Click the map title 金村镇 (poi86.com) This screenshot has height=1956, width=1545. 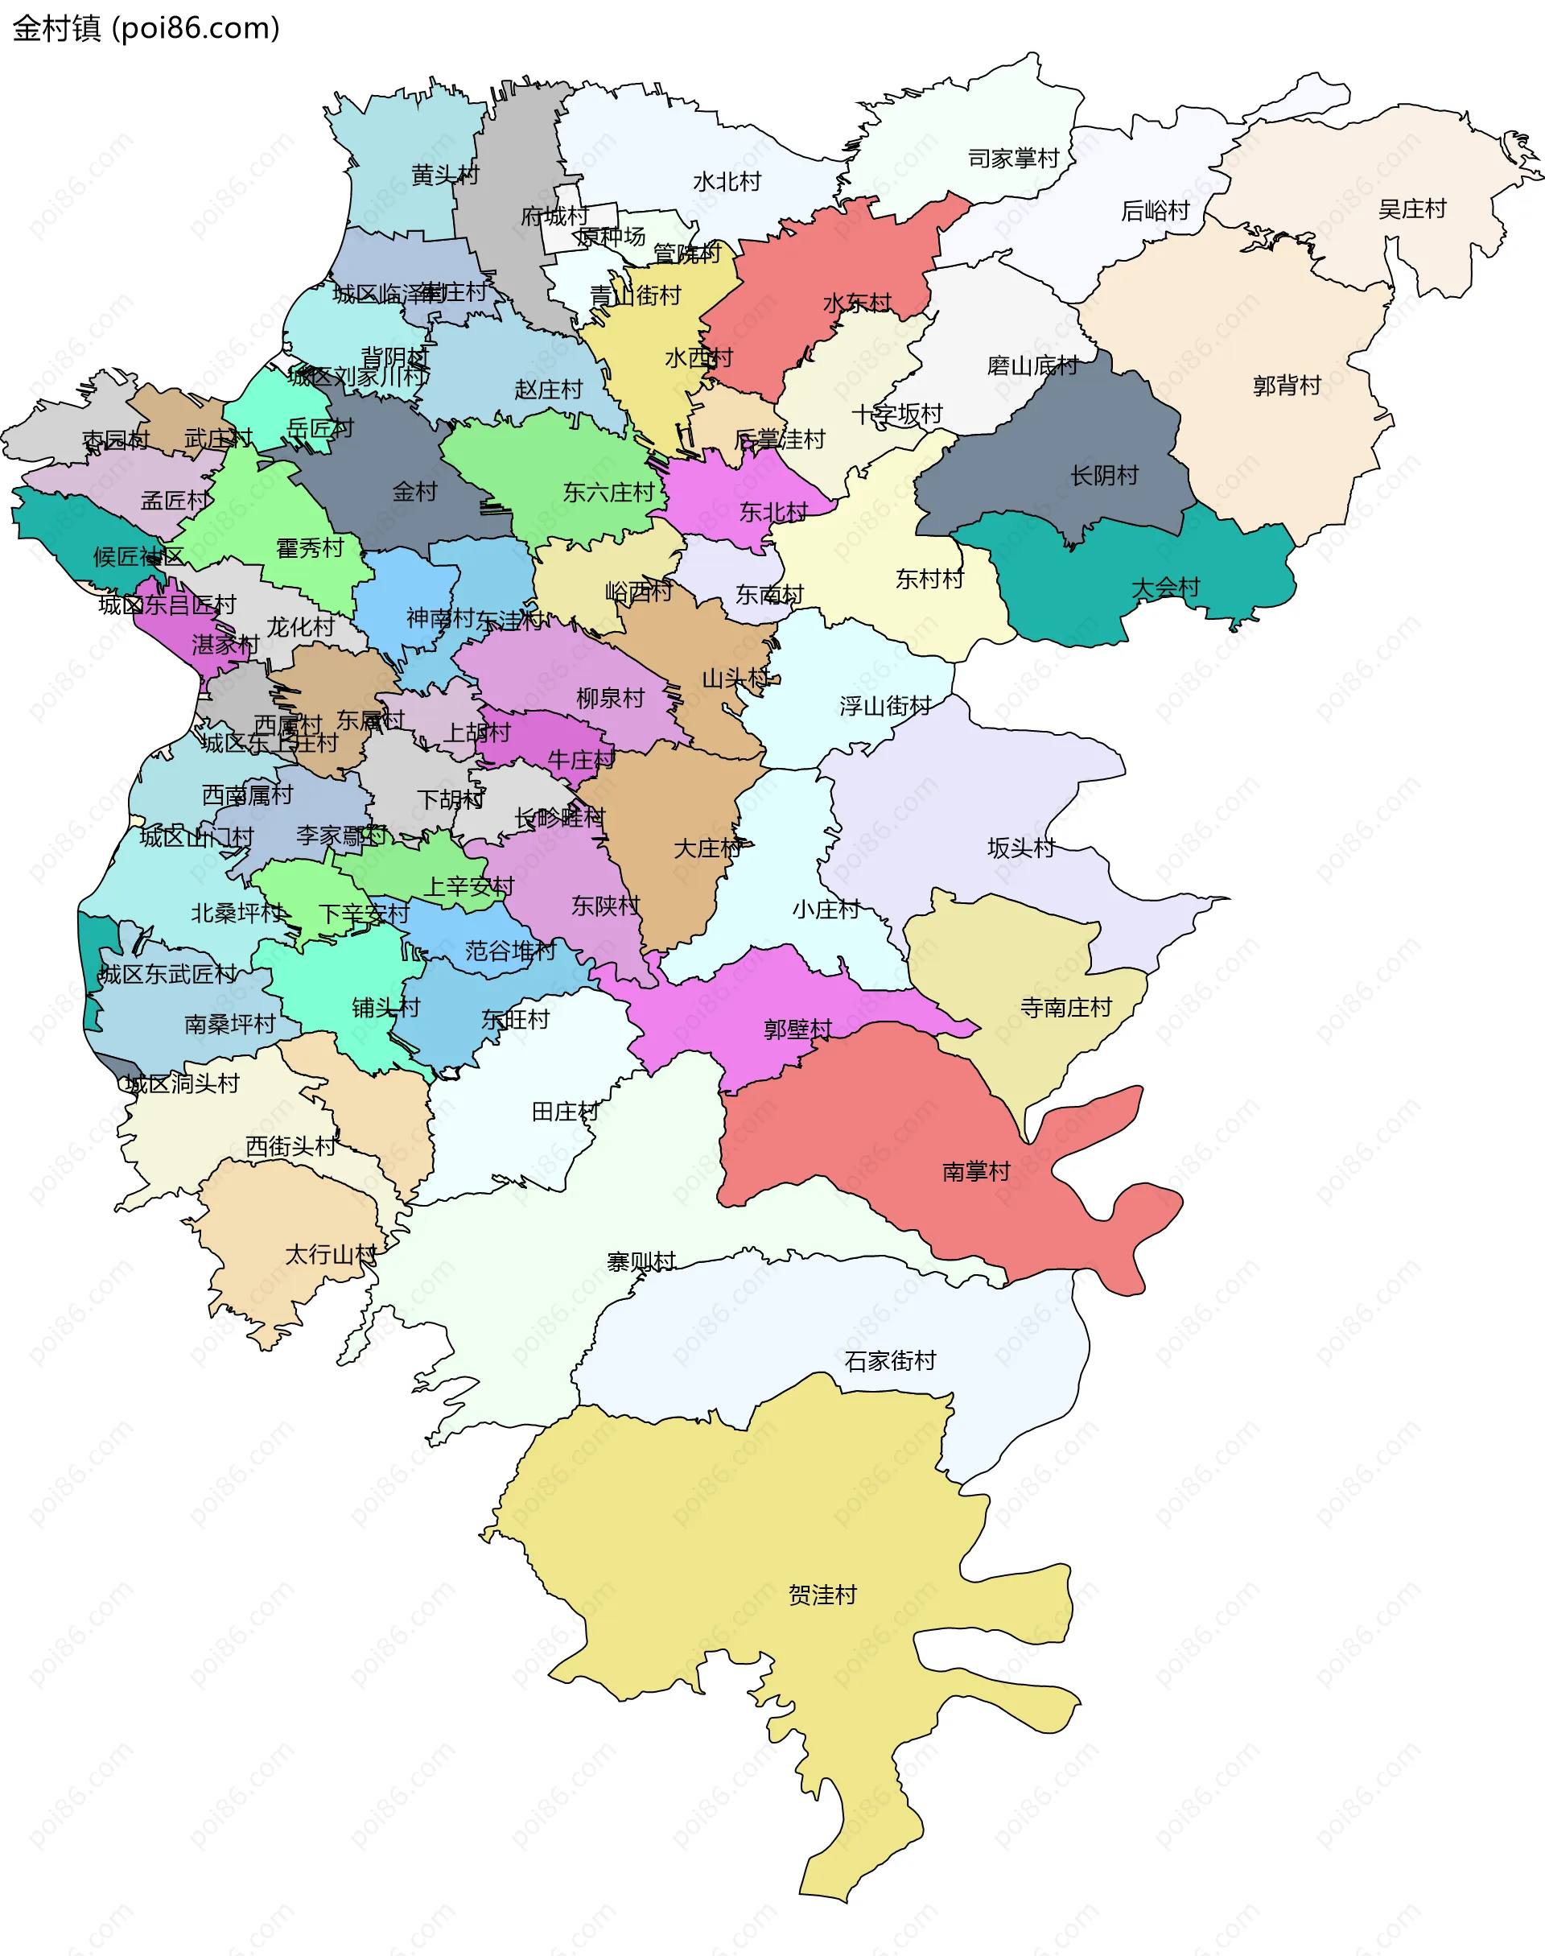[146, 29]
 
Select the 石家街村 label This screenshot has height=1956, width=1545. [889, 1360]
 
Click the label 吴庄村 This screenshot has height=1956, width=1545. [1411, 209]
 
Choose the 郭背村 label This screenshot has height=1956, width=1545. [1287, 386]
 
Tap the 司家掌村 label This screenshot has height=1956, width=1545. [1013, 159]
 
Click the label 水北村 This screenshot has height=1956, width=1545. [727, 181]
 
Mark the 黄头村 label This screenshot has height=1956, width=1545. [445, 175]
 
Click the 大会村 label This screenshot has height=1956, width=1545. [1165, 587]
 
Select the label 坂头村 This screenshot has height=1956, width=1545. [1020, 847]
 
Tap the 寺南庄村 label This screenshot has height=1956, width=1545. [1065, 1007]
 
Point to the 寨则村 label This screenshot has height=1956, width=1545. [641, 1261]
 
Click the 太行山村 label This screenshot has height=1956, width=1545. [331, 1254]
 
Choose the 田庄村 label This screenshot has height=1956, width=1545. [564, 1111]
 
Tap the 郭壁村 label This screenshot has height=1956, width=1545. [797, 1029]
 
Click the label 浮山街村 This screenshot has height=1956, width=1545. [884, 706]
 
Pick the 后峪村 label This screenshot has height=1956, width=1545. [1154, 211]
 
